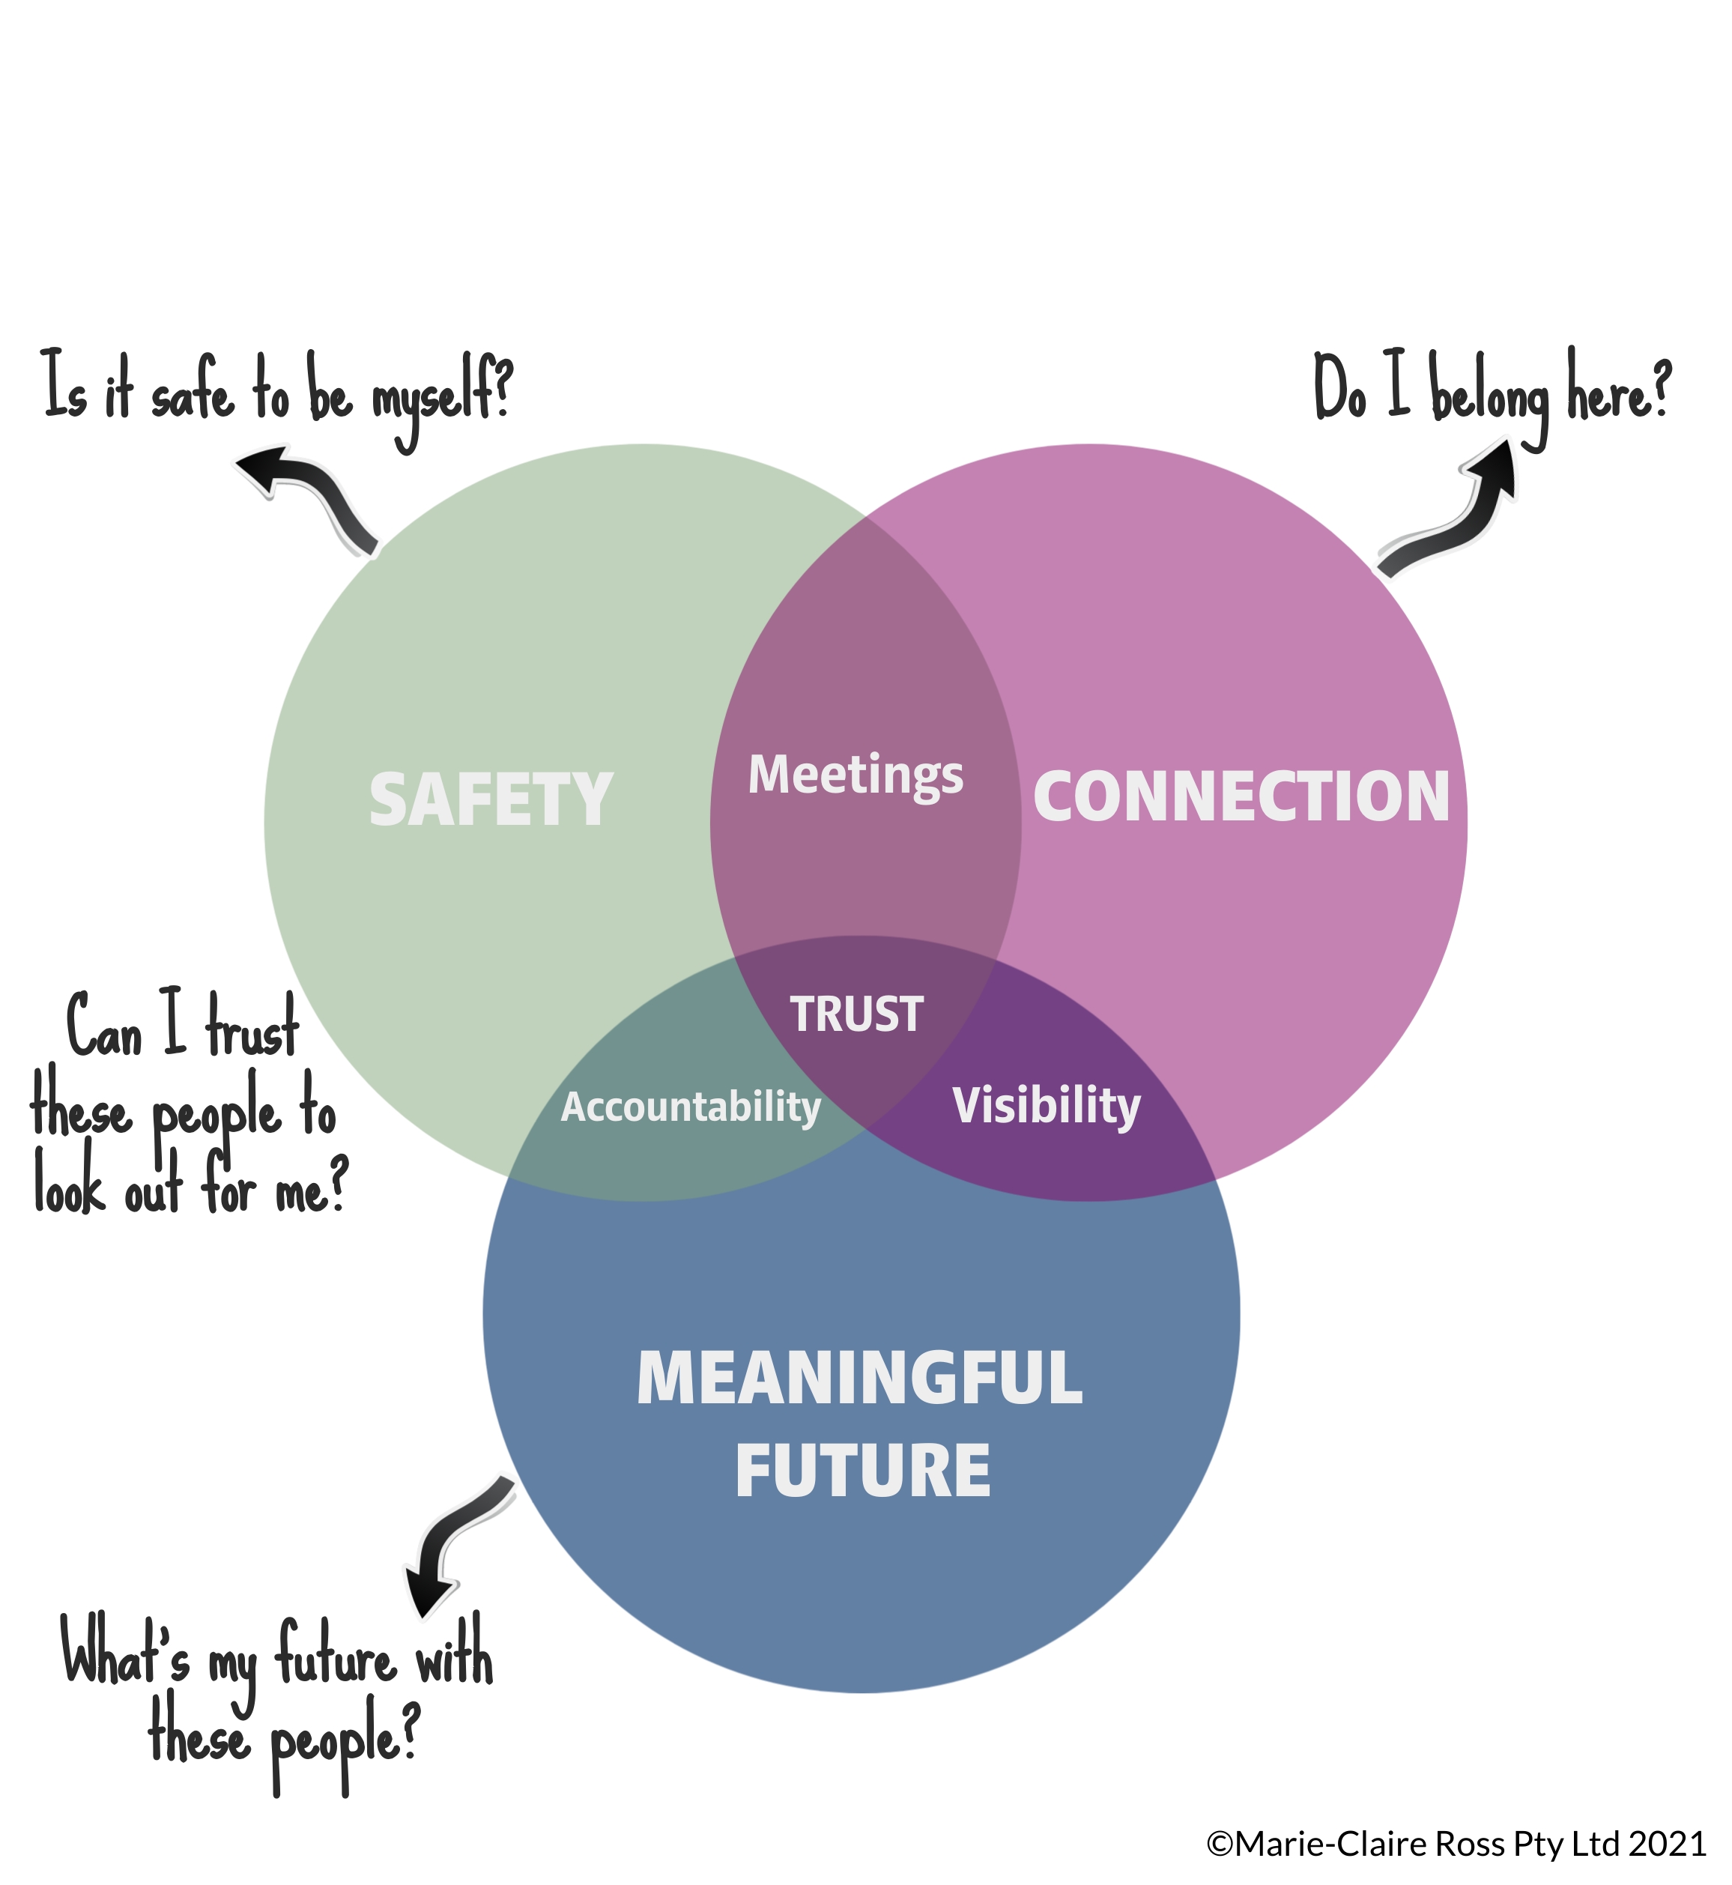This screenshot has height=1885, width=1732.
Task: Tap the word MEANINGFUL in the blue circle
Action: click(859, 1379)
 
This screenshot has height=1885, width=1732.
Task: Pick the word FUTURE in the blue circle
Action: click(862, 1471)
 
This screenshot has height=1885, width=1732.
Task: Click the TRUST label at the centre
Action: click(856, 1014)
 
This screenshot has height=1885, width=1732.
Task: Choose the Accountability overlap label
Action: click(691, 1107)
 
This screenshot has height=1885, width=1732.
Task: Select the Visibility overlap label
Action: click(1046, 1106)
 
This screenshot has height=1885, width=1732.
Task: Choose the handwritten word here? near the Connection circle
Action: click(1620, 389)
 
